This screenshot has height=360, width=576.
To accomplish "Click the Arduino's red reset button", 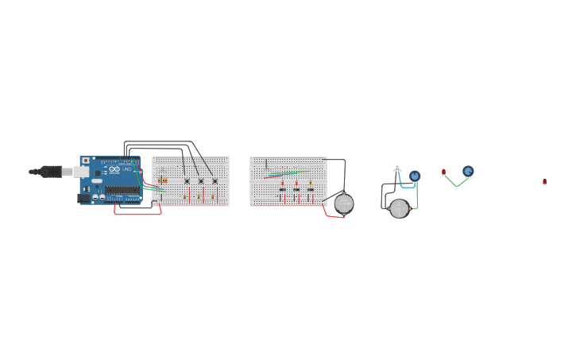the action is pyautogui.click(x=86, y=161).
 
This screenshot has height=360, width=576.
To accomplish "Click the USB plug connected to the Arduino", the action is pyautogui.click(x=50, y=171).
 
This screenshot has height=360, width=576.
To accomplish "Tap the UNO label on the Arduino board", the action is pyautogui.click(x=126, y=169).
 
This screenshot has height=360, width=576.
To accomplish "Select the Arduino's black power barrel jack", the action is pyautogui.click(x=83, y=198).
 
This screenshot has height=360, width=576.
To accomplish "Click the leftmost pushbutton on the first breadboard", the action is pyautogui.click(x=187, y=181).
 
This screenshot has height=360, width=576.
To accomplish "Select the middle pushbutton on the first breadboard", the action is pyautogui.click(x=201, y=181).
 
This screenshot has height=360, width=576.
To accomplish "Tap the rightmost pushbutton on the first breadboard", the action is pyautogui.click(x=215, y=181).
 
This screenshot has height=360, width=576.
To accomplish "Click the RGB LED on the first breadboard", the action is pyautogui.click(x=161, y=171).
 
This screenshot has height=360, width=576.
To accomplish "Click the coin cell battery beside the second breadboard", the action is pyautogui.click(x=344, y=203).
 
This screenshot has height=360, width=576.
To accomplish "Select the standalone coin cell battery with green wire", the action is pyautogui.click(x=399, y=208).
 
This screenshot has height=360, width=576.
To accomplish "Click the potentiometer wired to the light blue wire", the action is pyautogui.click(x=415, y=176).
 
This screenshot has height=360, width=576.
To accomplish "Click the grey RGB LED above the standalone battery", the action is pyautogui.click(x=397, y=168).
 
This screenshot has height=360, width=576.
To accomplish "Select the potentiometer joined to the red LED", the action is pyautogui.click(x=468, y=171).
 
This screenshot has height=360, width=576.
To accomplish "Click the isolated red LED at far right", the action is pyautogui.click(x=545, y=182).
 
